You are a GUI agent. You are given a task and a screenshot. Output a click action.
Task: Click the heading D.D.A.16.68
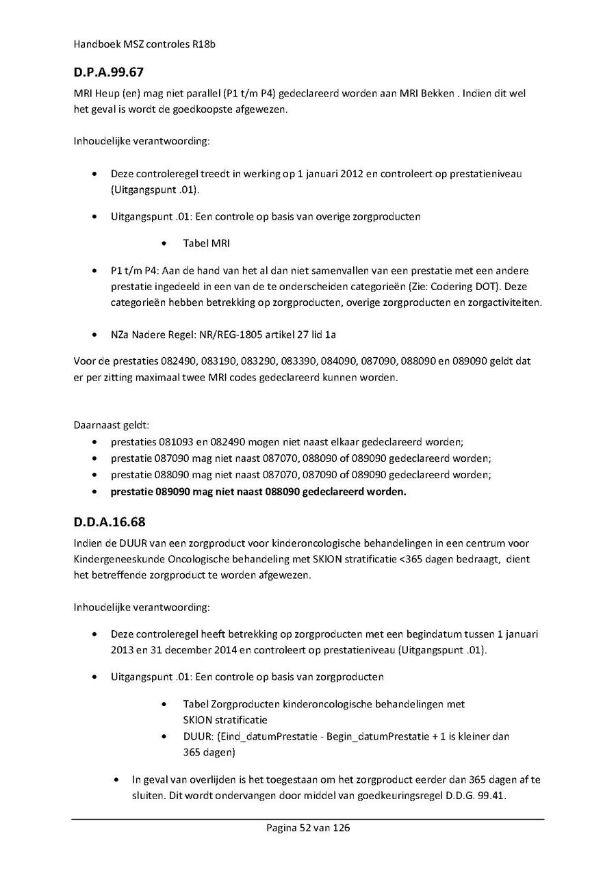[x=110, y=522]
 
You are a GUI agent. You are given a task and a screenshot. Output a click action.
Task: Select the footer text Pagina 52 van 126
[x=308, y=827]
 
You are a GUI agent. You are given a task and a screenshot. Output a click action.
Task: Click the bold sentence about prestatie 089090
[x=258, y=491]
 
